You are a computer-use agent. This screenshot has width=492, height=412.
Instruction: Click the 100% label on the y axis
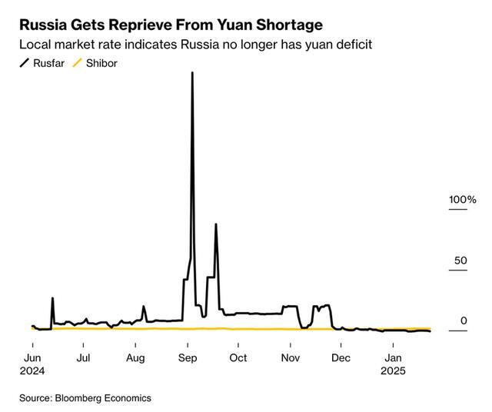[x=463, y=200]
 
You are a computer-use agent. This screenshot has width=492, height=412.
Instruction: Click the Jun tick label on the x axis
[x=33, y=357]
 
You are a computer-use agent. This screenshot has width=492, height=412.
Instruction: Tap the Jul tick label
[x=84, y=357]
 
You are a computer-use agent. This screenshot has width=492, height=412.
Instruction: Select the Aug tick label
[x=136, y=357]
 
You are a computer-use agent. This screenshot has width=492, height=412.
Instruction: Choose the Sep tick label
[x=188, y=357]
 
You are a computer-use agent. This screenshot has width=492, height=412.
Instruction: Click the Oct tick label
[x=238, y=357]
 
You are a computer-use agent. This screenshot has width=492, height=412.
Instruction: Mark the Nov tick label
[x=291, y=357]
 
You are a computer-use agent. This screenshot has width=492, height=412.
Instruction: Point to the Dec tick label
[x=341, y=357]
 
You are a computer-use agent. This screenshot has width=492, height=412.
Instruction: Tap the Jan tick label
[x=393, y=357]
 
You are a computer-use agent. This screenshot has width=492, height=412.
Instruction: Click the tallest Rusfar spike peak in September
[x=191, y=73]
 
